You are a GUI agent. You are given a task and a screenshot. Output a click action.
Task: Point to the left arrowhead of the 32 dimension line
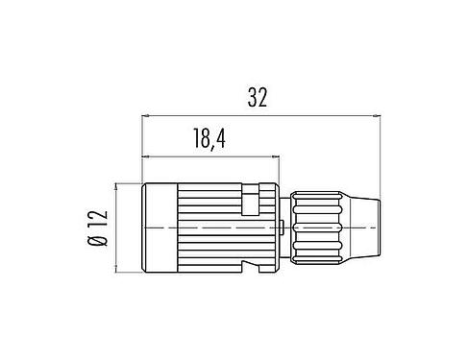pos(146,117)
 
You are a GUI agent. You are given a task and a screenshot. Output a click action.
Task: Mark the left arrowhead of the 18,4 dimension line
pos(146,156)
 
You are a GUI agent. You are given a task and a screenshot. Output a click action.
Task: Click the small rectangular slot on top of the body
pos(251,203)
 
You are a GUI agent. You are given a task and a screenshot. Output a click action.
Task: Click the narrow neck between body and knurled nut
pos(285,228)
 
